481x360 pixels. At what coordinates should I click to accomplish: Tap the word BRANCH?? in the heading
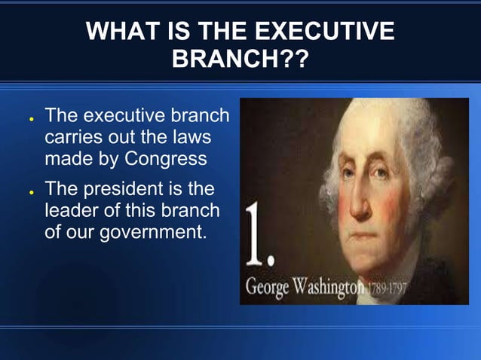coord(240,59)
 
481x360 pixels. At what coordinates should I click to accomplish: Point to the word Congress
coord(165,160)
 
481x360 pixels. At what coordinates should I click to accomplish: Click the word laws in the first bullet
coord(191,139)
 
